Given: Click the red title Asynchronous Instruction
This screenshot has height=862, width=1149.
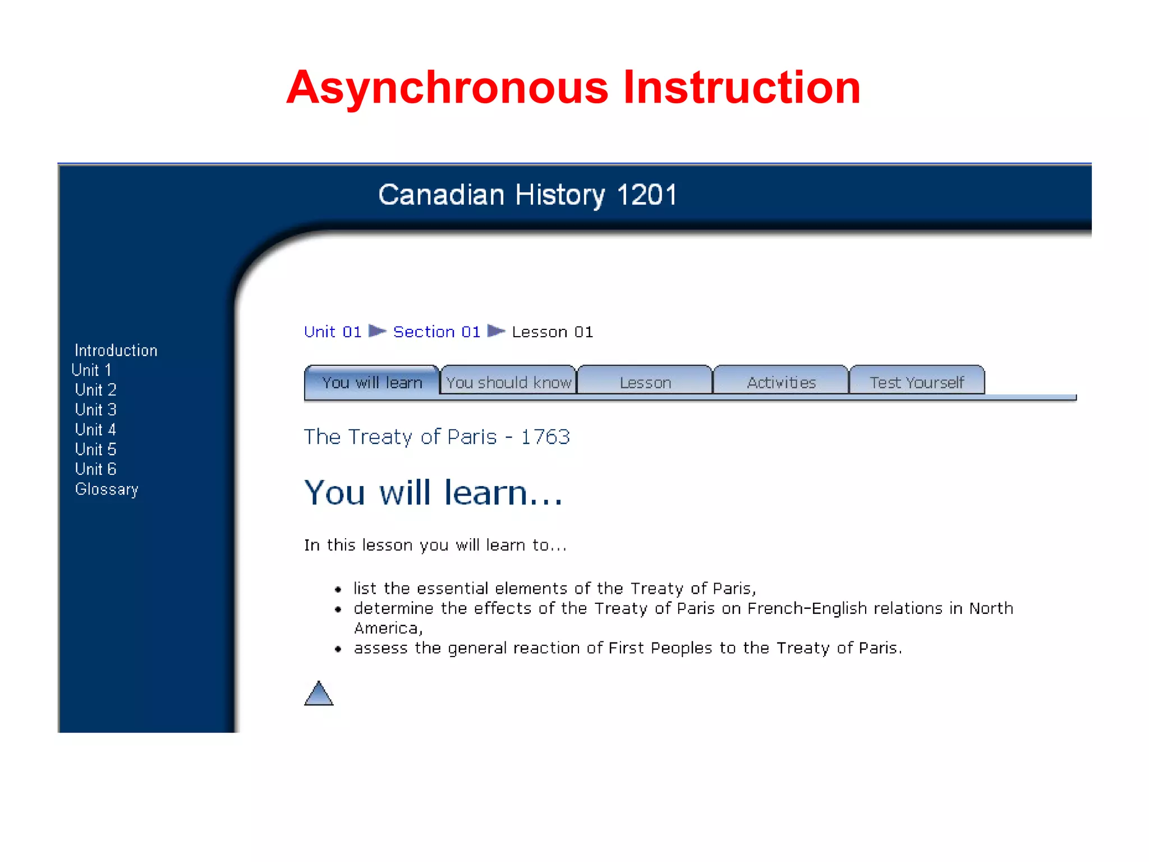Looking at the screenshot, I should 573,88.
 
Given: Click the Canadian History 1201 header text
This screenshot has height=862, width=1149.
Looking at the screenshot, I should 527,195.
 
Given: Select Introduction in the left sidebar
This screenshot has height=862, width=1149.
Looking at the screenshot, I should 116,351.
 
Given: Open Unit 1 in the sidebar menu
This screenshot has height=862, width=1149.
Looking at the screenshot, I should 91,370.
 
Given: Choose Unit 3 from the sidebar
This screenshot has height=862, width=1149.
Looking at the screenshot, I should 95,410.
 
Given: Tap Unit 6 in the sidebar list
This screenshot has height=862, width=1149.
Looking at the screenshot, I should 95,469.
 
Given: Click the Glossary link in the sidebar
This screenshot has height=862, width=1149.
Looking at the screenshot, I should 107,489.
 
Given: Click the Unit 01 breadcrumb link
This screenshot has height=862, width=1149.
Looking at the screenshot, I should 333,332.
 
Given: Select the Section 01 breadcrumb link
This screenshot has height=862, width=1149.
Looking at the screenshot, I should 436,332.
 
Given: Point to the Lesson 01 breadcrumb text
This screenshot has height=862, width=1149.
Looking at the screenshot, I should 552,332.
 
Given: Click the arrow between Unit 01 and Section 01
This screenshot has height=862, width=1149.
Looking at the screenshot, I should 377,331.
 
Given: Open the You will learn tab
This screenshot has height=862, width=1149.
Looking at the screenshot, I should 372,383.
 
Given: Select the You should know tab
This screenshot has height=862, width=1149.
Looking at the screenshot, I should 508,383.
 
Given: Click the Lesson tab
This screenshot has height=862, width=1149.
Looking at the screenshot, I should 645,383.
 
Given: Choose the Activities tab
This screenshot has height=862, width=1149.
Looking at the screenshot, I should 781,383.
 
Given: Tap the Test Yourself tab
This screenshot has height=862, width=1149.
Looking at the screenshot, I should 917,383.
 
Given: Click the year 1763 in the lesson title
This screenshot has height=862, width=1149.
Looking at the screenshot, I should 545,437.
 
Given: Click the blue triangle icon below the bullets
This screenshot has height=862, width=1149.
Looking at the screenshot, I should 319,694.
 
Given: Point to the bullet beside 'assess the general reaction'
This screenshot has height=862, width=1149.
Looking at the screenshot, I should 338,649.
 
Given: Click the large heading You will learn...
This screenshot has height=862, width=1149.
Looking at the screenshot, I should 433,493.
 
